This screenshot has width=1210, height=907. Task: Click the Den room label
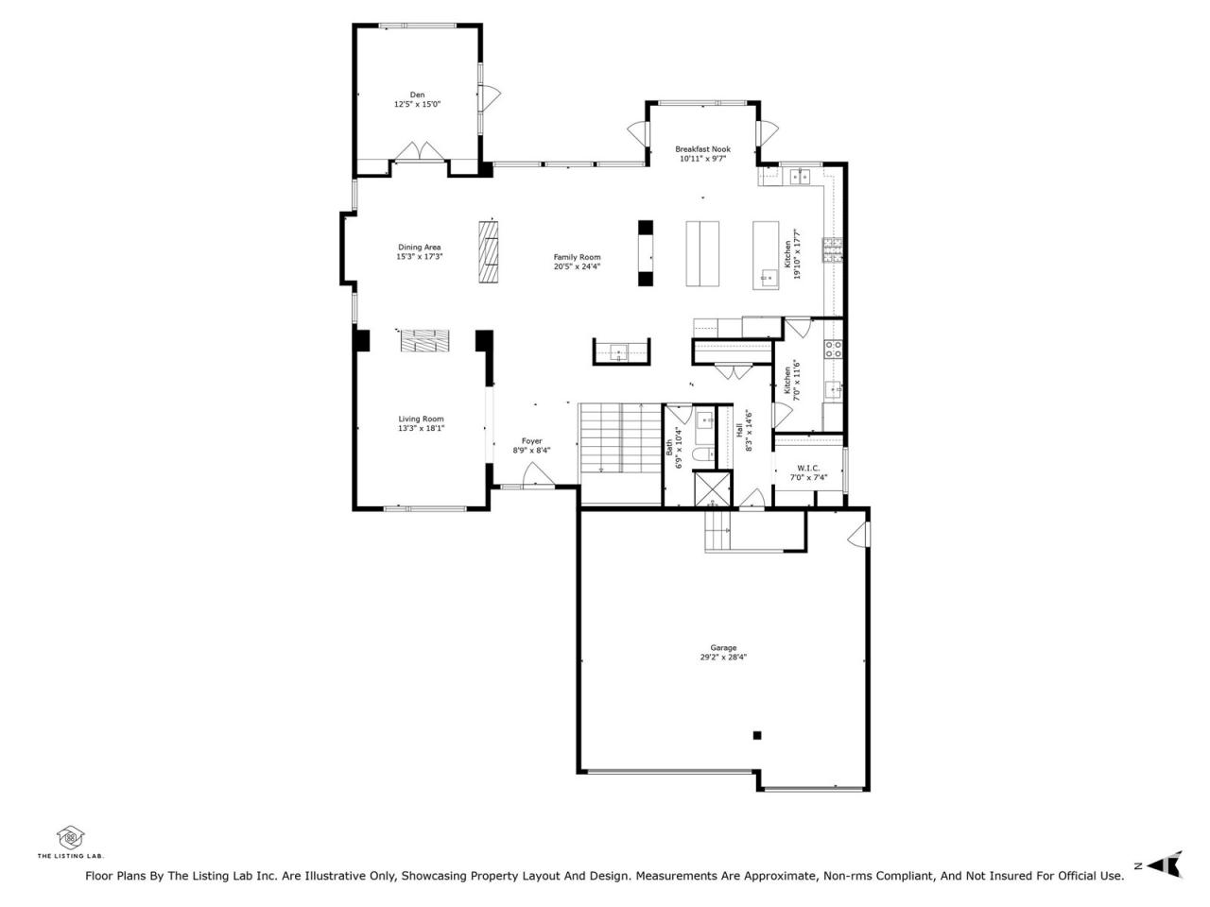(417, 94)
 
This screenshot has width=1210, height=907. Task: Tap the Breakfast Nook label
(702, 149)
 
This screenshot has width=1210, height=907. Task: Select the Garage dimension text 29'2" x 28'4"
(723, 657)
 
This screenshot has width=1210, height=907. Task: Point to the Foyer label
(531, 441)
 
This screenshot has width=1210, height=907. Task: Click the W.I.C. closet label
(808, 468)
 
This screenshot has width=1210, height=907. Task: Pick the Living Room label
(421, 419)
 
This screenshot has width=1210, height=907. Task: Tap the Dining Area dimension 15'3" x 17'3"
(419, 257)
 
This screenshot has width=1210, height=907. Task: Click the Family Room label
(577, 257)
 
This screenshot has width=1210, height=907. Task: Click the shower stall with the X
(712, 488)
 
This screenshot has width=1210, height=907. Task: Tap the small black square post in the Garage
(757, 735)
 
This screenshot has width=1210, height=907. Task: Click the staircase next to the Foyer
(619, 438)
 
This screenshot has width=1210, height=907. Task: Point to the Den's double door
(420, 151)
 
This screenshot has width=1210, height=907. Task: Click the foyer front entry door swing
(539, 475)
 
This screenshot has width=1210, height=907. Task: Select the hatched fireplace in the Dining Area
(488, 251)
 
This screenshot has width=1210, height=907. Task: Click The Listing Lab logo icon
(71, 838)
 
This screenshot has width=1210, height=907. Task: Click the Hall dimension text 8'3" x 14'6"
(749, 431)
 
